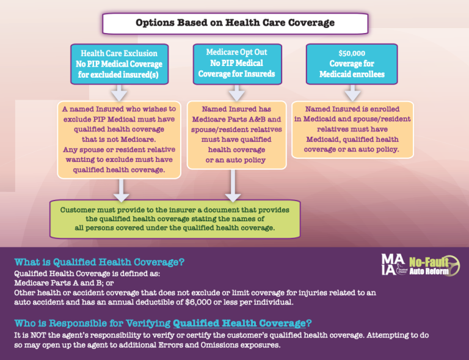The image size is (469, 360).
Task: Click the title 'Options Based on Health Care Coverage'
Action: click(x=234, y=23)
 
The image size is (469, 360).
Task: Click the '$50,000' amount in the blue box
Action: click(x=351, y=53)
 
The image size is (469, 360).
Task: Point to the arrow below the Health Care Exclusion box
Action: click(x=120, y=93)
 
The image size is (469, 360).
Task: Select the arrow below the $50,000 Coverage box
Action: click(x=352, y=93)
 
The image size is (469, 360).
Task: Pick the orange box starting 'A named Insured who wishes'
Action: click(x=120, y=139)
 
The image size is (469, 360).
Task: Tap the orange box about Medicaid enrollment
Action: click(x=352, y=129)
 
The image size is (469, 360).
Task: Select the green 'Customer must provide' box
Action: click(x=175, y=218)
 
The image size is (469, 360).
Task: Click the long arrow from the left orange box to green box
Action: click(x=122, y=189)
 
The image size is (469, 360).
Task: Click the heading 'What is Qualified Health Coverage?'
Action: click(x=99, y=262)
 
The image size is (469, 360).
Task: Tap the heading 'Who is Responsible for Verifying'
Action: click(x=159, y=323)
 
